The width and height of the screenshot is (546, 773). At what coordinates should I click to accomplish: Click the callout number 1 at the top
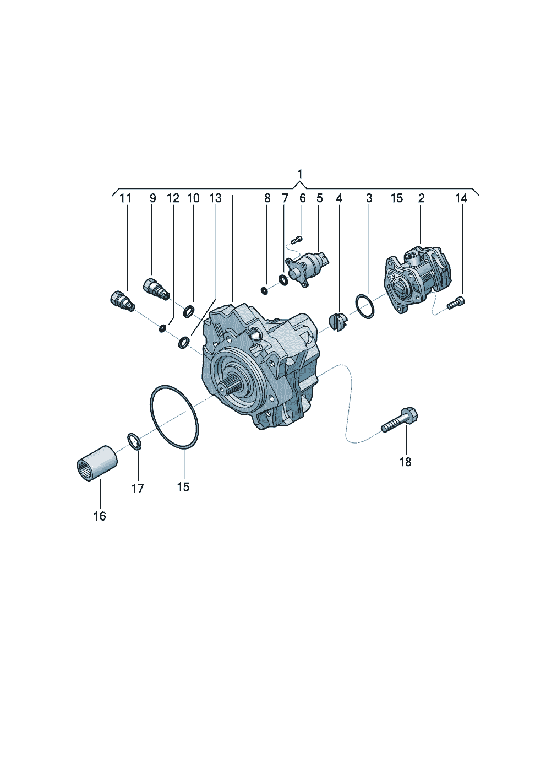[x=300, y=173]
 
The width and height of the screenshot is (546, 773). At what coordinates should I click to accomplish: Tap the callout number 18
[x=405, y=462]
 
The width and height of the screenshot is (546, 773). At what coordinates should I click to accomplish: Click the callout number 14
[x=461, y=198]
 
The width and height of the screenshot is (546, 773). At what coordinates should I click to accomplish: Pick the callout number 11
[x=125, y=198]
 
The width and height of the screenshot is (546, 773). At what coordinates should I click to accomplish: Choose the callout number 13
[x=215, y=198]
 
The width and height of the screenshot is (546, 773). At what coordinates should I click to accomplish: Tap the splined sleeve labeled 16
[x=96, y=463]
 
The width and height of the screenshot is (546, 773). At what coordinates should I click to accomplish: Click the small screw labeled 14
[x=456, y=302]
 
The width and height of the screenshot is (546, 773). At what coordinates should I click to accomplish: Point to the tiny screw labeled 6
[x=297, y=239]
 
